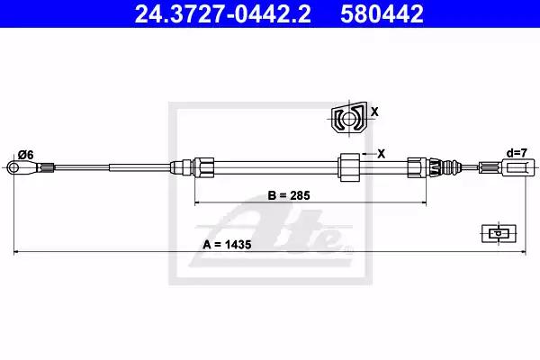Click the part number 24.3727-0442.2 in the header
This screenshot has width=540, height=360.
tap(223, 13)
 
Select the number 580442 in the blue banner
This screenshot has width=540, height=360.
tap(382, 13)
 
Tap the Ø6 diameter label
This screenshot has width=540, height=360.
tap(26, 156)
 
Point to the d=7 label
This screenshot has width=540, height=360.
tap(517, 153)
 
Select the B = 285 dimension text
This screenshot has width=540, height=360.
tap(289, 195)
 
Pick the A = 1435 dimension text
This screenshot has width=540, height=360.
tap(227, 245)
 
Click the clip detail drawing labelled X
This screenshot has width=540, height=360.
tap(349, 118)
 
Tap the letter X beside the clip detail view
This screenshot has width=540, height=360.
tap(374, 112)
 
